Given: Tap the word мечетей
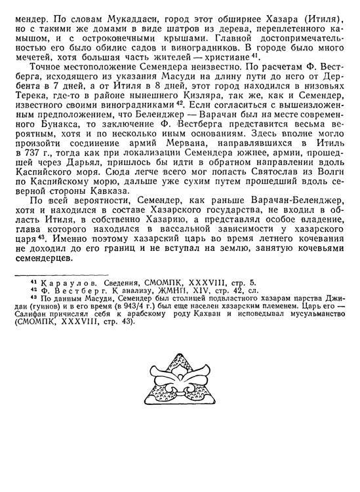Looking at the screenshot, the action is [x=26, y=75].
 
